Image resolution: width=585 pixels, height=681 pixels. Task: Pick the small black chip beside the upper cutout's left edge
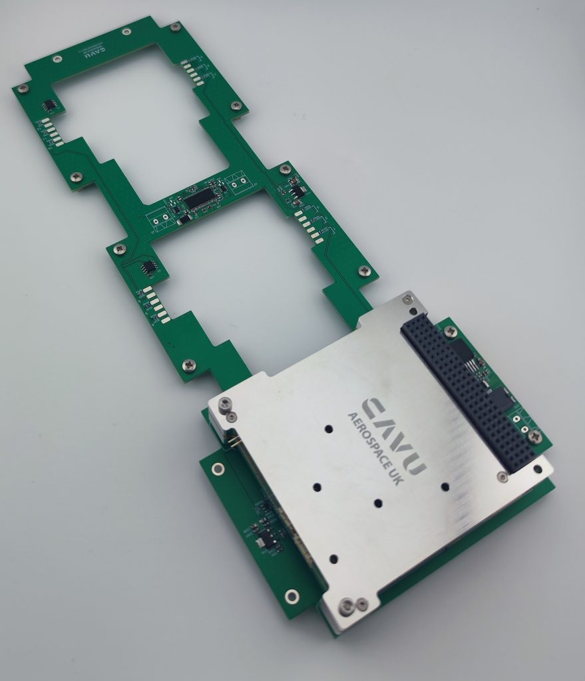pos(49,105)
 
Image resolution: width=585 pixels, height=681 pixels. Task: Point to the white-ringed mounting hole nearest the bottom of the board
pos(290,595)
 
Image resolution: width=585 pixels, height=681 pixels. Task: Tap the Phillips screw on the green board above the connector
pos(451,331)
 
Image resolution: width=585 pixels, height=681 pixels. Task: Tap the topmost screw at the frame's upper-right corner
pos(175,27)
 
